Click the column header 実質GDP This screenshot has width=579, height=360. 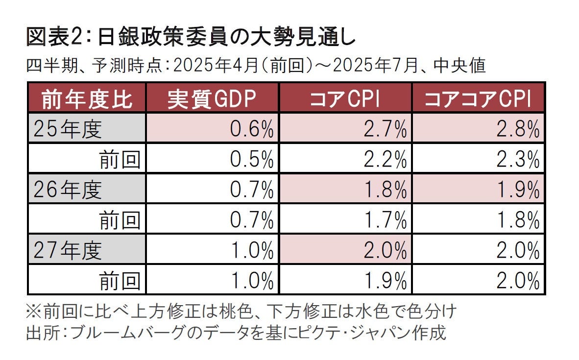tap(212, 98)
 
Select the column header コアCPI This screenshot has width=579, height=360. tap(345, 98)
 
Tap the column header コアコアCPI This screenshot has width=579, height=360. tap(478, 98)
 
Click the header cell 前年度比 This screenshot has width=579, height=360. tap(87, 98)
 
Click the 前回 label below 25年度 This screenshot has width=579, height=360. tap(120, 159)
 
